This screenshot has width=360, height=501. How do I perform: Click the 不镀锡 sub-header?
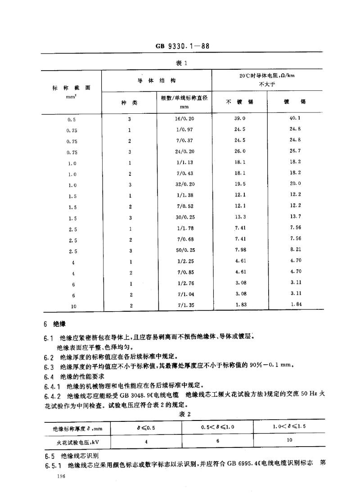(x=239, y=102)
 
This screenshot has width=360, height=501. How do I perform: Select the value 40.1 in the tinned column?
(x=296, y=119)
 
